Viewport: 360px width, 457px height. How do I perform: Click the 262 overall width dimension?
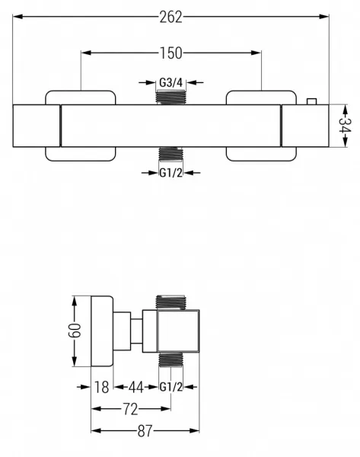(170, 17)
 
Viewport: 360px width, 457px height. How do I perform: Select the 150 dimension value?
(171, 53)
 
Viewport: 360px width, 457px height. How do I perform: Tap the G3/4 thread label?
(171, 83)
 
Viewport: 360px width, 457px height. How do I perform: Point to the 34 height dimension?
(345, 126)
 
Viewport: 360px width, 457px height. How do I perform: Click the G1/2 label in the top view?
(171, 173)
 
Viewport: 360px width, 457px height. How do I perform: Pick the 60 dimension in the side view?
(75, 331)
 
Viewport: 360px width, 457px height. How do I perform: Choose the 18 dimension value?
(102, 388)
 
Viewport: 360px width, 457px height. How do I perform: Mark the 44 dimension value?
(136, 388)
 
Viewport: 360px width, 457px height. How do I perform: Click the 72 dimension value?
(130, 410)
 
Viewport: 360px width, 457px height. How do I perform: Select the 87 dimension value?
(145, 431)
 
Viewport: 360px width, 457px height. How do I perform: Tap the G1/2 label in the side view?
(171, 387)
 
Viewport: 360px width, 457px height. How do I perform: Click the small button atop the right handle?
(311, 101)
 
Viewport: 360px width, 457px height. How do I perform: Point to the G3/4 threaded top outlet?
(171, 97)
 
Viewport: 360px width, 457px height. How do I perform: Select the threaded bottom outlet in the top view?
(171, 154)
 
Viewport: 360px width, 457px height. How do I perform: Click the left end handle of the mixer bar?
(37, 126)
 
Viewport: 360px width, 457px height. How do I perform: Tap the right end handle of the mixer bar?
(305, 126)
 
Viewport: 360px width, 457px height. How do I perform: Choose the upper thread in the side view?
(170, 302)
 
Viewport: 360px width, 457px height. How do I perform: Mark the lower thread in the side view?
(171, 359)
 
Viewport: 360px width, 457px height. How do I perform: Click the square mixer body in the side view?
(178, 331)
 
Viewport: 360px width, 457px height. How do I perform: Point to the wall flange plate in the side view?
(102, 331)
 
